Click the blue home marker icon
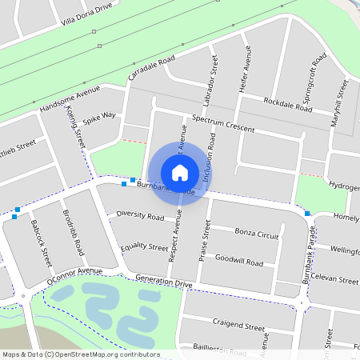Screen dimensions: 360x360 pyautogui.click(x=180, y=172)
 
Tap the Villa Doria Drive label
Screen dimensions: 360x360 pyautogui.click(x=90, y=15)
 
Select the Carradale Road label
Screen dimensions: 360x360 pyautogui.click(x=151, y=69)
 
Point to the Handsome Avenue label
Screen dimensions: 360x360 pyautogui.click(x=70, y=97)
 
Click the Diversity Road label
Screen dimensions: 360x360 pyautogui.click(x=140, y=216)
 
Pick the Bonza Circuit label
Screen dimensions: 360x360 pyautogui.click(x=257, y=234)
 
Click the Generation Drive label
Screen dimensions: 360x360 pyautogui.click(x=164, y=282)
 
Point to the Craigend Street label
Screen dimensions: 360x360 pyautogui.click(x=238, y=326)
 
